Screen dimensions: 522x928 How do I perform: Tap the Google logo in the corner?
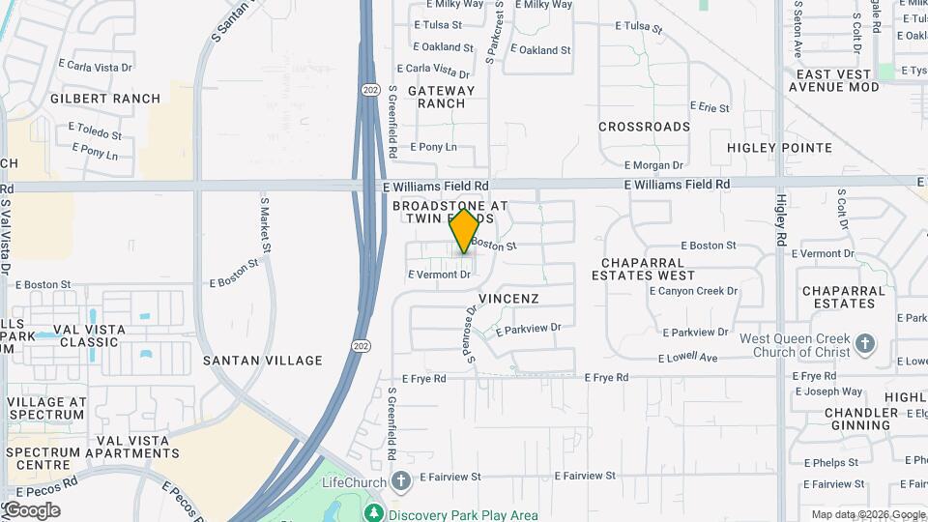pos(31,510)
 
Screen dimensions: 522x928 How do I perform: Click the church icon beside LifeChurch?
pos(402,481)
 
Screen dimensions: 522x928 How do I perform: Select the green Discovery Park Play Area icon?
pos(373,512)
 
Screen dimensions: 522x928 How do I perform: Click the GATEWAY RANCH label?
pos(442,97)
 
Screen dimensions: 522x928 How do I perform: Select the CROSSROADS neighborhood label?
pos(644,127)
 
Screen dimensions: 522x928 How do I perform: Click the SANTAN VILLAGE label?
pos(263,361)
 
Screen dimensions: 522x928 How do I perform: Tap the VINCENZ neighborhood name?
pos(508,299)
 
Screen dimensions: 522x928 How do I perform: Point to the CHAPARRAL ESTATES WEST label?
pos(649,269)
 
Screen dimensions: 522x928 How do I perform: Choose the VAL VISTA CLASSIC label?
pos(93,335)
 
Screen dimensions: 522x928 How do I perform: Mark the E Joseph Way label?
pos(828,392)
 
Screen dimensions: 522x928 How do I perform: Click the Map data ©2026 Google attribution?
pos(867,514)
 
